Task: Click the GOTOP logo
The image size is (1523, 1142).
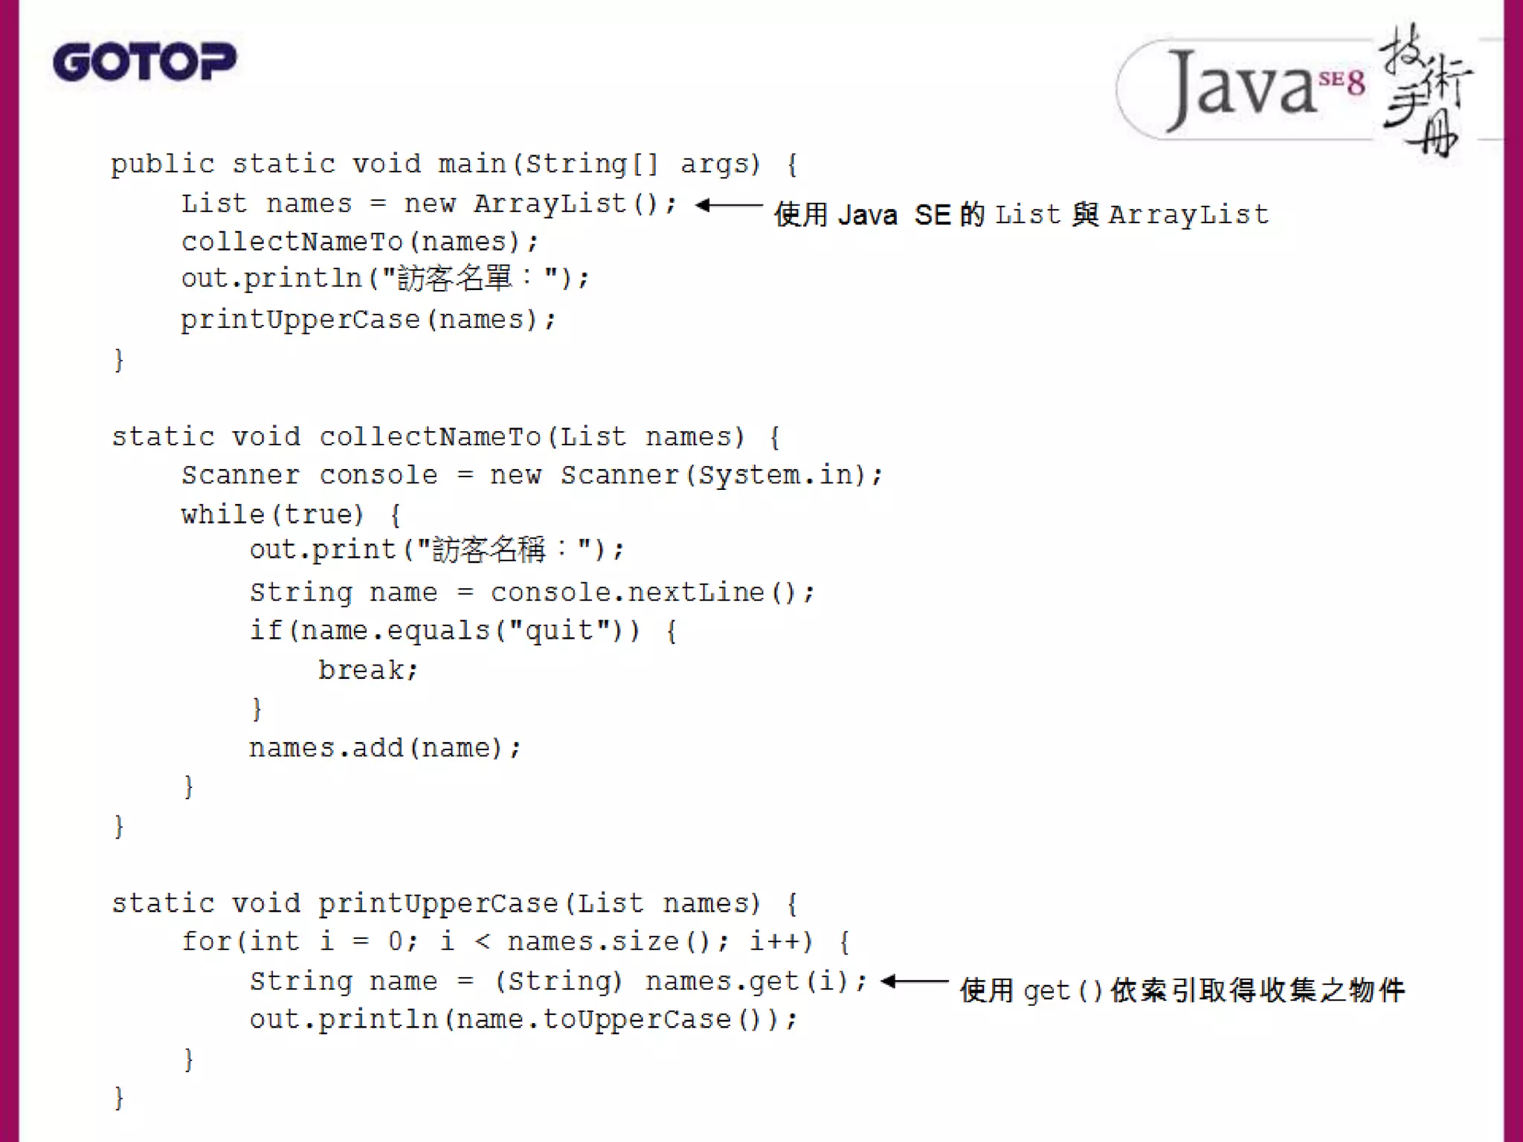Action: tap(144, 61)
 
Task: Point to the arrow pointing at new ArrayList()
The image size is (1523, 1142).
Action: tap(730, 205)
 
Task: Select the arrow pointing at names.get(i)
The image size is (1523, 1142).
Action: tap(914, 981)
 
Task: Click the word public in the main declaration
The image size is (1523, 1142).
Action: tap(163, 164)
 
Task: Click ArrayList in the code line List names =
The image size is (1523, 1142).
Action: tap(550, 204)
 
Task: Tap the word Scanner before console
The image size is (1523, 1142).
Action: tap(240, 475)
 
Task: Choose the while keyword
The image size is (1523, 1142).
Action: tap(222, 514)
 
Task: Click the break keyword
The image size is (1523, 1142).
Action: tap(361, 670)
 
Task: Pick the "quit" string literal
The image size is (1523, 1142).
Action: tap(566, 630)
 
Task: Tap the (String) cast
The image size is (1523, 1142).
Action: tap(558, 981)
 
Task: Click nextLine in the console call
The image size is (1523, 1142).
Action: tap(696, 593)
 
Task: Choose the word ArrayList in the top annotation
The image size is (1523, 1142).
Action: tap(1188, 215)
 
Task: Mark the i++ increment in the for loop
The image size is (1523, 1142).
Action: tap(780, 942)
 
